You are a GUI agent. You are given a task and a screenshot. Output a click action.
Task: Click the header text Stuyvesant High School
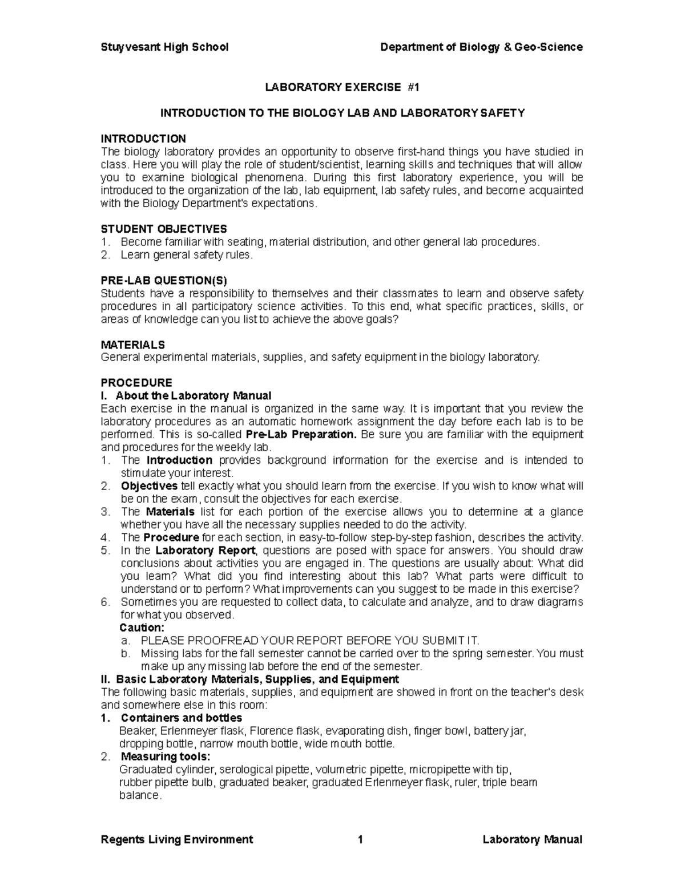coord(164,47)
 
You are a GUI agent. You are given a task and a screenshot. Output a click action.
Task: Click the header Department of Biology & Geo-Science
coord(481,47)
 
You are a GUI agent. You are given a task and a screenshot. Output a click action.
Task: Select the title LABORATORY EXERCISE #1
coord(341,87)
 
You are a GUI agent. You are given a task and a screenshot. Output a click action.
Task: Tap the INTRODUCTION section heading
coord(143,139)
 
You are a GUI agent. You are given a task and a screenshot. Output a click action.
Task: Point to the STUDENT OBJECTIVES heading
coord(163,229)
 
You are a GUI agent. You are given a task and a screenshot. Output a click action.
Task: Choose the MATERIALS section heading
coord(132,345)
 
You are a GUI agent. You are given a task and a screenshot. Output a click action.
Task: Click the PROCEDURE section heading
coord(136,382)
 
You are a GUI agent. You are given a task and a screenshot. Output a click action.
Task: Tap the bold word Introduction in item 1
coord(179,460)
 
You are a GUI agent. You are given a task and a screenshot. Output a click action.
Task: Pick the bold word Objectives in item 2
coord(149,486)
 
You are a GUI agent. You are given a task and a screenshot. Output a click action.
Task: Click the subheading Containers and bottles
coord(182,718)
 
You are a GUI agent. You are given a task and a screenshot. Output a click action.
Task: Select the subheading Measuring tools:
coord(166,756)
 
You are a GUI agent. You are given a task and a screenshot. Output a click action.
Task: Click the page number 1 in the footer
coord(360,839)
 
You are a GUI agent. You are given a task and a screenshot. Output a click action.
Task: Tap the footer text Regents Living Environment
coord(176,839)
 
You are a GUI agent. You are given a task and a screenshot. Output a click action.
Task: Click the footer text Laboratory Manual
coord(532,839)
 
